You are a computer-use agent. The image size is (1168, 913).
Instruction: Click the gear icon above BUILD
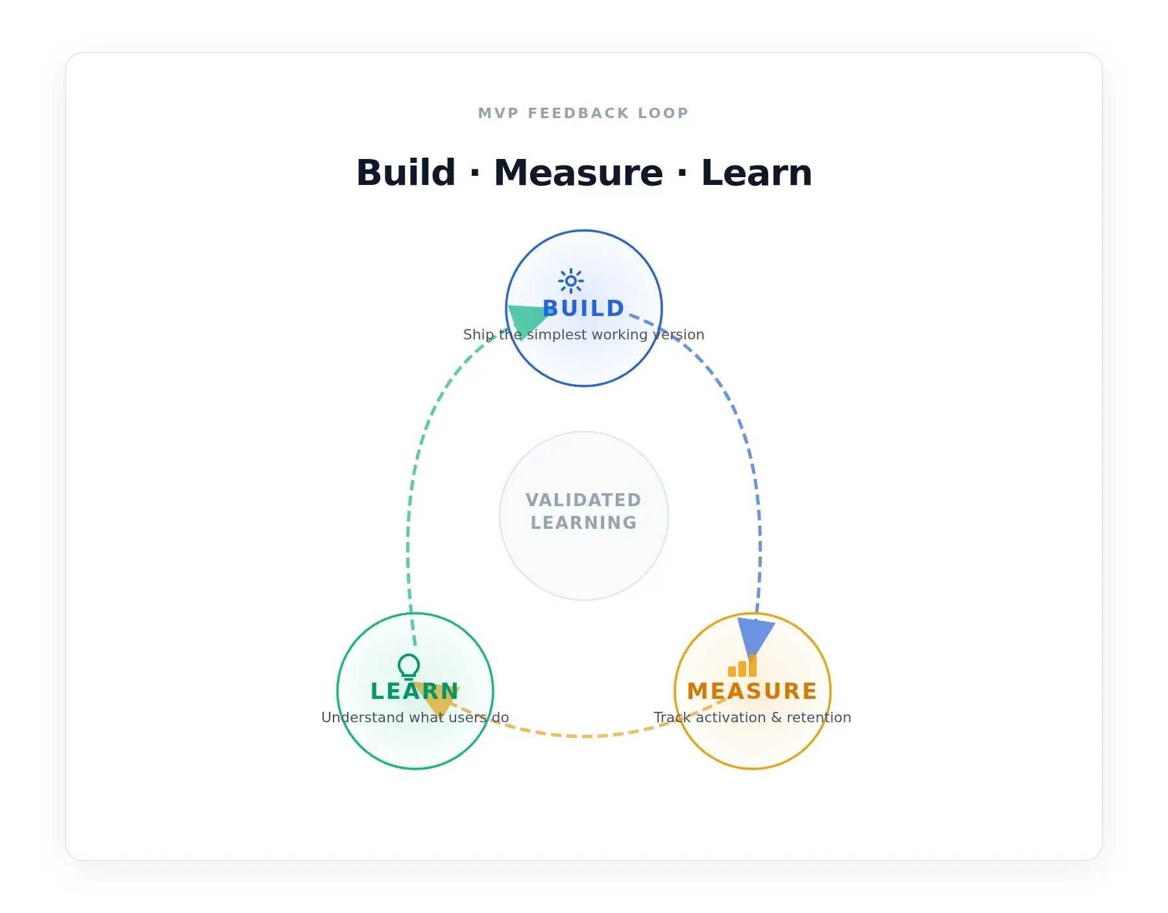[x=571, y=281]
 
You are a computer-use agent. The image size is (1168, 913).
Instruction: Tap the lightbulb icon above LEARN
[x=409, y=666]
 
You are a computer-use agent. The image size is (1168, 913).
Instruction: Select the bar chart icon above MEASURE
[x=742, y=666]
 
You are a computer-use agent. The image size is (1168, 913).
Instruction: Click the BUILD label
[x=584, y=308]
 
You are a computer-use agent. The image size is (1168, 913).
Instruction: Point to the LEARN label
[x=415, y=691]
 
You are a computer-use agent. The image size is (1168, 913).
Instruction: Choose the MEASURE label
[x=753, y=691]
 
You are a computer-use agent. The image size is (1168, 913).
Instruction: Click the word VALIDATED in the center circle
[x=584, y=500]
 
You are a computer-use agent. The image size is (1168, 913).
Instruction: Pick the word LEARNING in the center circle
[x=584, y=522]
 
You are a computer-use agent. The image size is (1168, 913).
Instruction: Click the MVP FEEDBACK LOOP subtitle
[x=584, y=113]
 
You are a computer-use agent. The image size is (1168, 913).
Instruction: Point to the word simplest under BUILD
[x=553, y=335]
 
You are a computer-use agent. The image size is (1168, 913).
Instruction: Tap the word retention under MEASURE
[x=819, y=717]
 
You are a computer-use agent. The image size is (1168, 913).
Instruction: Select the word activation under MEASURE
[x=731, y=717]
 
